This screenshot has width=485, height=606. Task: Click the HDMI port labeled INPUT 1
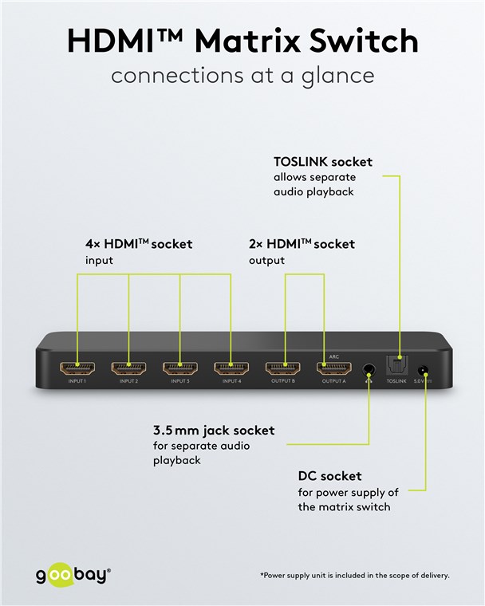tap(77, 369)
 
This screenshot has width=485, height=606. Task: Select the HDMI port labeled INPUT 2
tap(128, 369)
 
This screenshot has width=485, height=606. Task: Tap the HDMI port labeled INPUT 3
tap(179, 369)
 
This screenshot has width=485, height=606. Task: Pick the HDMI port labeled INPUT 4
tap(231, 369)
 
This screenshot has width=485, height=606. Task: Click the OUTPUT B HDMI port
tap(283, 369)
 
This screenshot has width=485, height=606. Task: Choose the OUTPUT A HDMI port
tap(334, 369)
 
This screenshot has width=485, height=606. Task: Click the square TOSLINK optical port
tap(396, 366)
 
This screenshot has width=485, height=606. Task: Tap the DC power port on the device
tap(424, 371)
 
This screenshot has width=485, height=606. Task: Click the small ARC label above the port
tap(334, 356)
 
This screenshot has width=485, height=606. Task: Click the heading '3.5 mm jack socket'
tap(213, 431)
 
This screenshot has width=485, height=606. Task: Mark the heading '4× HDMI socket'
tap(139, 244)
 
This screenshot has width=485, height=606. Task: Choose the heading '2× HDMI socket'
tap(301, 244)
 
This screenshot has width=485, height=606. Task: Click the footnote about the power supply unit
tap(354, 575)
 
